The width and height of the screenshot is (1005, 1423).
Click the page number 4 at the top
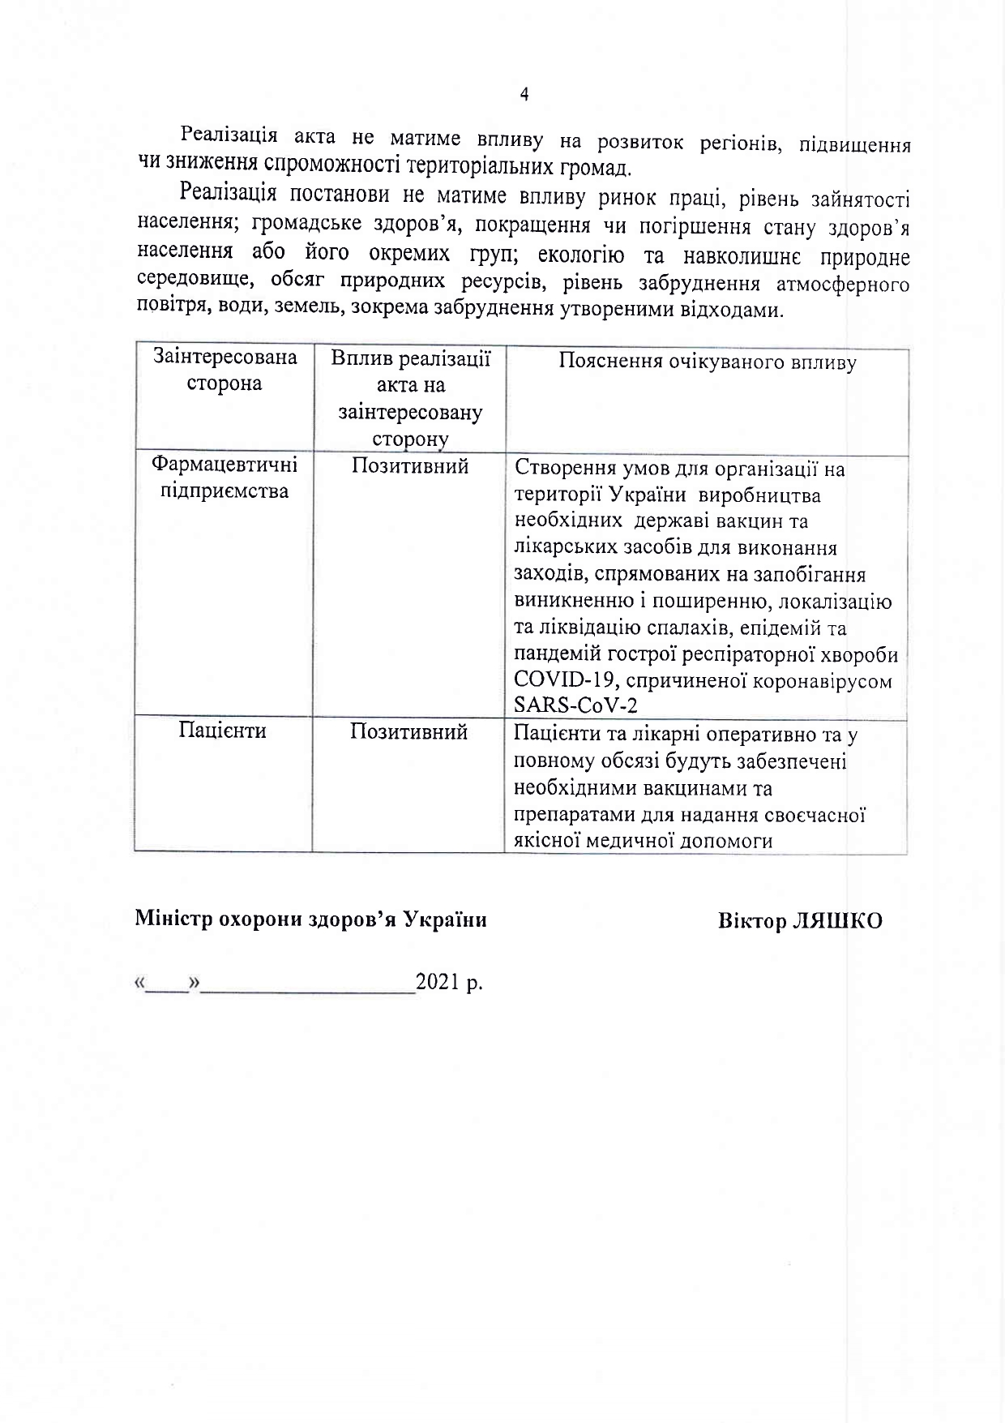pyautogui.click(x=524, y=95)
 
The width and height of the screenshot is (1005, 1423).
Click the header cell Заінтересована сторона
pyautogui.click(x=225, y=371)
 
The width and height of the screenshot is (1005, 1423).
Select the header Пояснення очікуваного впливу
pyautogui.click(x=707, y=362)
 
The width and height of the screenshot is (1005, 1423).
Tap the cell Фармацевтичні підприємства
pyautogui.click(x=225, y=478)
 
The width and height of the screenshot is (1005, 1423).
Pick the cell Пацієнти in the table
pyautogui.click(x=223, y=731)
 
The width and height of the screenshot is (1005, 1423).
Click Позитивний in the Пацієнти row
pyautogui.click(x=408, y=732)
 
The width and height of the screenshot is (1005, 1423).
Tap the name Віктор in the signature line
pyautogui.click(x=751, y=922)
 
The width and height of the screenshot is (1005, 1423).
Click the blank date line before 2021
pyautogui.click(x=308, y=988)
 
